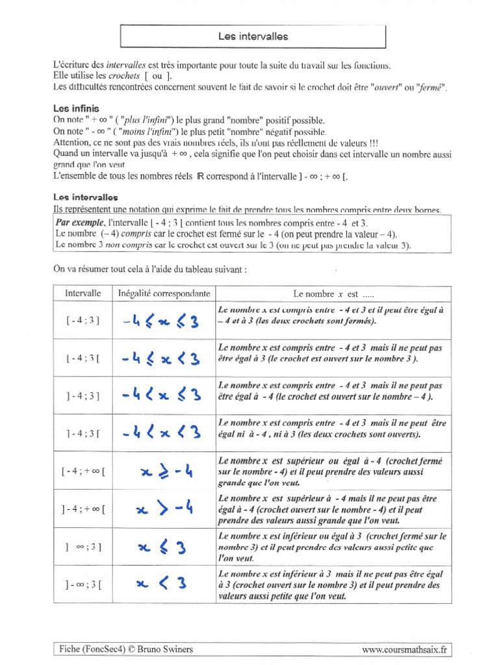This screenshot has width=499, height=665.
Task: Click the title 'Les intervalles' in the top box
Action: [x=253, y=37]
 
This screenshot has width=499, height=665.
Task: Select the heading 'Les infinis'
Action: [x=76, y=108]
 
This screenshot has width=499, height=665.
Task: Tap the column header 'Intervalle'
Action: [x=83, y=293]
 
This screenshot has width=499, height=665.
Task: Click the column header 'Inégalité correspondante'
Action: [x=164, y=294]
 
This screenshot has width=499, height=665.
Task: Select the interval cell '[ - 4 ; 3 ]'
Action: [x=83, y=321]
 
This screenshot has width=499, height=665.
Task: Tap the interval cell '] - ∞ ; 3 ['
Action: [x=83, y=584]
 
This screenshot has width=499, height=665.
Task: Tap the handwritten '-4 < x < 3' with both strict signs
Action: [x=160, y=432]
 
